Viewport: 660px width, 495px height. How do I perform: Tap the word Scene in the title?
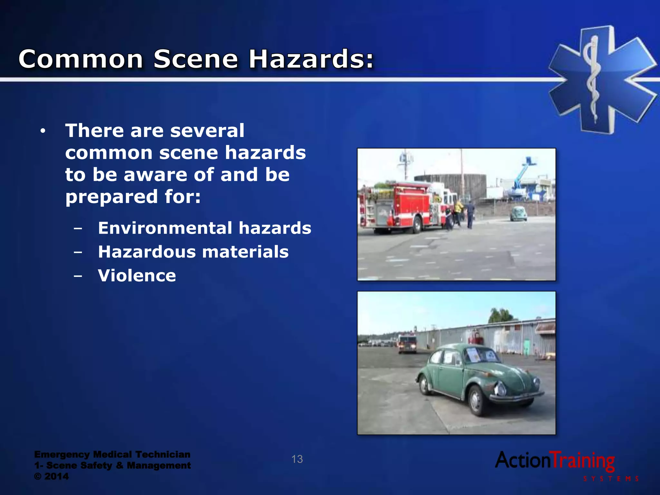coord(196,59)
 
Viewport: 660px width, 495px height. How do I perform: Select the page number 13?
coord(297,459)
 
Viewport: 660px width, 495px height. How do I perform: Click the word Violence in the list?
coord(137,276)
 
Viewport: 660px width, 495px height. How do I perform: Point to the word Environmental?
coord(165,228)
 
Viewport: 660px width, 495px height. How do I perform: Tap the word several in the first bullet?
coord(207,131)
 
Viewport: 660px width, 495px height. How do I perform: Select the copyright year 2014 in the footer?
coord(56,476)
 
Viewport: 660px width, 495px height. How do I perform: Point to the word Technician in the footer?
coord(163,454)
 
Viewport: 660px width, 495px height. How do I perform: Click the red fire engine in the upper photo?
coord(403,206)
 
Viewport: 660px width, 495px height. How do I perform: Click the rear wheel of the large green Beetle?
coord(425,385)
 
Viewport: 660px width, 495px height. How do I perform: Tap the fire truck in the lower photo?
coord(407,344)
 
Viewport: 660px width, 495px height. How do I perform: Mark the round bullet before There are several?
coord(43,131)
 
